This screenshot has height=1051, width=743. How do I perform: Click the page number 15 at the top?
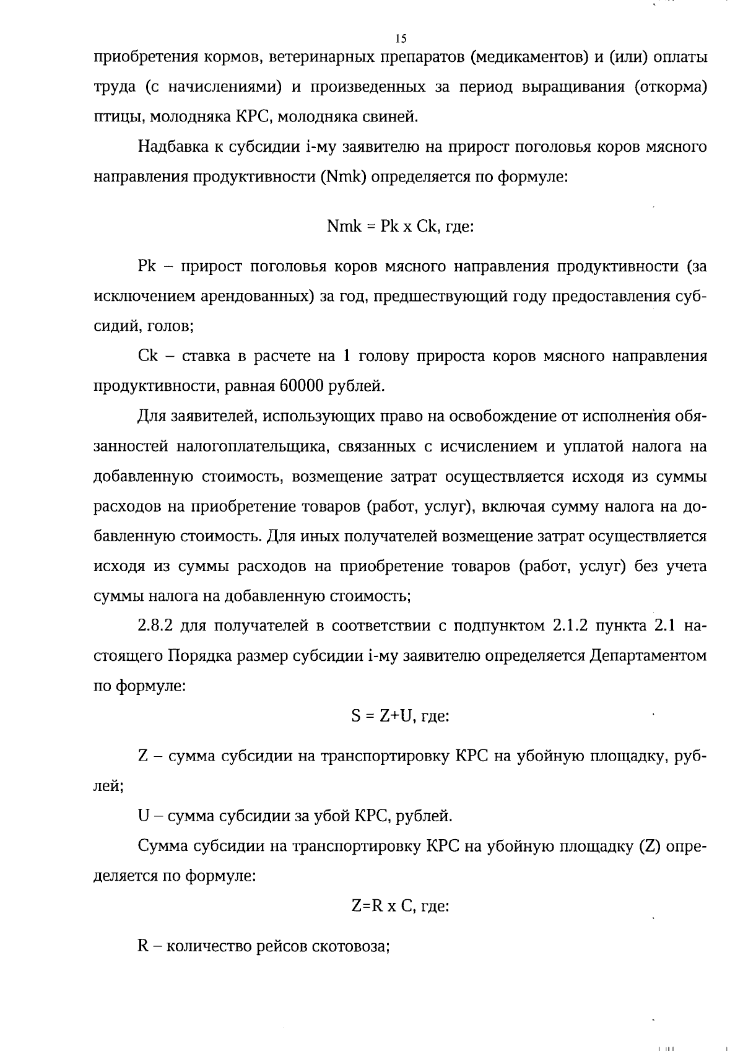(400, 38)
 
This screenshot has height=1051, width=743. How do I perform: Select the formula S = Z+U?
(380, 716)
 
